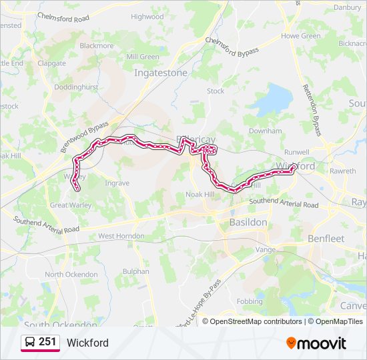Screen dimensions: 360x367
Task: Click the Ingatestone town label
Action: coord(161,73)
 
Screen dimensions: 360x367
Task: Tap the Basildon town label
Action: coord(248,221)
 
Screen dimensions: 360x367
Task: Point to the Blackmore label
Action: coord(97,46)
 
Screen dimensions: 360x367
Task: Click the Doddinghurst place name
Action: coord(76,87)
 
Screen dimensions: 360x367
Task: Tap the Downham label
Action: coord(265,131)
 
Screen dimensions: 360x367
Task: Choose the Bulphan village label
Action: coord(136,271)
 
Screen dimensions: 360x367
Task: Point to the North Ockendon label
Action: coord(71,275)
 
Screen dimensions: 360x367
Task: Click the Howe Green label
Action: coord(301,36)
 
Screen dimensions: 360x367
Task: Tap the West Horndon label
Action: coord(121,236)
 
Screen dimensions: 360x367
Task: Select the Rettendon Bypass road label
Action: coord(312,110)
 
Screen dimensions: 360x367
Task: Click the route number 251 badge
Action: coord(47,343)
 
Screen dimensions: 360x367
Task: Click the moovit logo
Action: coord(316,343)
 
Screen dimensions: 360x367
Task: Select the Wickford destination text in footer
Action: coord(87,343)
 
